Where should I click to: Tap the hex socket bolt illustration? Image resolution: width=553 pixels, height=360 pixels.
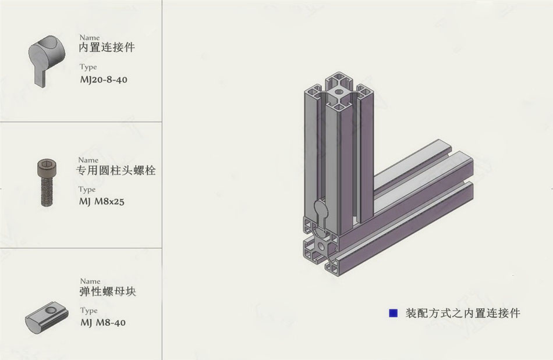click(x=46, y=183)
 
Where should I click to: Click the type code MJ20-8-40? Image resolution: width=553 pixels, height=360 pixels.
click(x=104, y=80)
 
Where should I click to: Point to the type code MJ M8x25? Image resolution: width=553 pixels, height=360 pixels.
click(x=101, y=201)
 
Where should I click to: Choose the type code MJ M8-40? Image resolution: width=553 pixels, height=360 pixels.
click(x=102, y=322)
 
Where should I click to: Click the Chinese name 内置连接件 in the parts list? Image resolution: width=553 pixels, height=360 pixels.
click(x=107, y=47)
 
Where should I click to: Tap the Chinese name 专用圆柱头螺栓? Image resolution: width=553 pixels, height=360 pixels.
click(x=116, y=170)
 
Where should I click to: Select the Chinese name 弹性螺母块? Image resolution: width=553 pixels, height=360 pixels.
click(x=108, y=291)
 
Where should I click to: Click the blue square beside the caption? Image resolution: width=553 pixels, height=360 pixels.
click(x=393, y=313)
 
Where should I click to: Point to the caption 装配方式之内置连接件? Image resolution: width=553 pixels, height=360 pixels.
click(x=463, y=313)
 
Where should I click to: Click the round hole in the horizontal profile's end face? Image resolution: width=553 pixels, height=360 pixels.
click(x=321, y=246)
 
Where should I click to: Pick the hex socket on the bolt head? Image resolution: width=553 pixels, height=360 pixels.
click(x=46, y=164)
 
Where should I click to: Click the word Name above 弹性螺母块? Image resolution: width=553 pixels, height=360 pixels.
click(x=90, y=281)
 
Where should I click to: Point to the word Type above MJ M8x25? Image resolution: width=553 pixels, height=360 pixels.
click(x=87, y=190)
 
